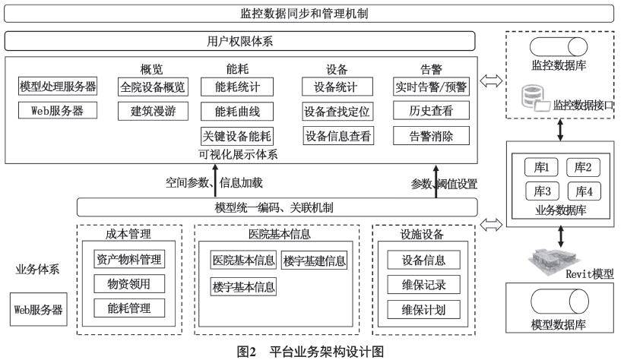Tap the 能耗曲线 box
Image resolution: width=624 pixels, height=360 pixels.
pyautogui.click(x=236, y=112)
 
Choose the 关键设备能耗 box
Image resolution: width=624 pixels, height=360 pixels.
pyautogui.click(x=236, y=137)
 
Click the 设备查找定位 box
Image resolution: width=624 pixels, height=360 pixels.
pyautogui.click(x=337, y=112)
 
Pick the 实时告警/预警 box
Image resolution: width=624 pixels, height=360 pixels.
pyautogui.click(x=431, y=87)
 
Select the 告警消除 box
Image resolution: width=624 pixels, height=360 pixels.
pyautogui.click(x=431, y=137)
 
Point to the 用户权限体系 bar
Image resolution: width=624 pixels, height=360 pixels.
pyautogui.click(x=241, y=40)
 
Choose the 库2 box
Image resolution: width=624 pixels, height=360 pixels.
pyautogui.click(x=583, y=167)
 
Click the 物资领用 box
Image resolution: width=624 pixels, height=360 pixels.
pyautogui.click(x=128, y=283)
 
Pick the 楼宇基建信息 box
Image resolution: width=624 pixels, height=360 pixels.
pyautogui.click(x=314, y=261)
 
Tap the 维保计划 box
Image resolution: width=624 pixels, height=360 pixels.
pyautogui.click(x=424, y=310)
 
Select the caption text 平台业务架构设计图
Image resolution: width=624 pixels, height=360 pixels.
pyautogui.click(x=327, y=352)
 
